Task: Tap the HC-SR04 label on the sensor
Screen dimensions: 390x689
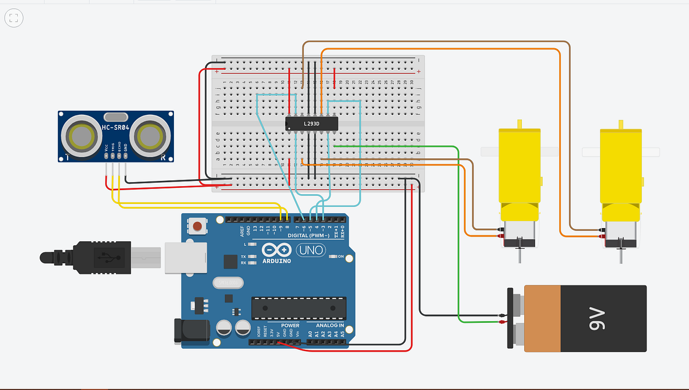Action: point(115,128)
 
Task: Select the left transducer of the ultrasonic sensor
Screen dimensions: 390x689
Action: point(80,136)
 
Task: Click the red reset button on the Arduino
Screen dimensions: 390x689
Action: point(198,227)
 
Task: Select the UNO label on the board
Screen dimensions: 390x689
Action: point(311,250)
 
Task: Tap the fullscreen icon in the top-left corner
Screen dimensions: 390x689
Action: point(14,18)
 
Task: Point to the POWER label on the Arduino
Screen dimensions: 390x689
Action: point(290,325)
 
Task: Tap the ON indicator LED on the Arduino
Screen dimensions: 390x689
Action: point(333,256)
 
